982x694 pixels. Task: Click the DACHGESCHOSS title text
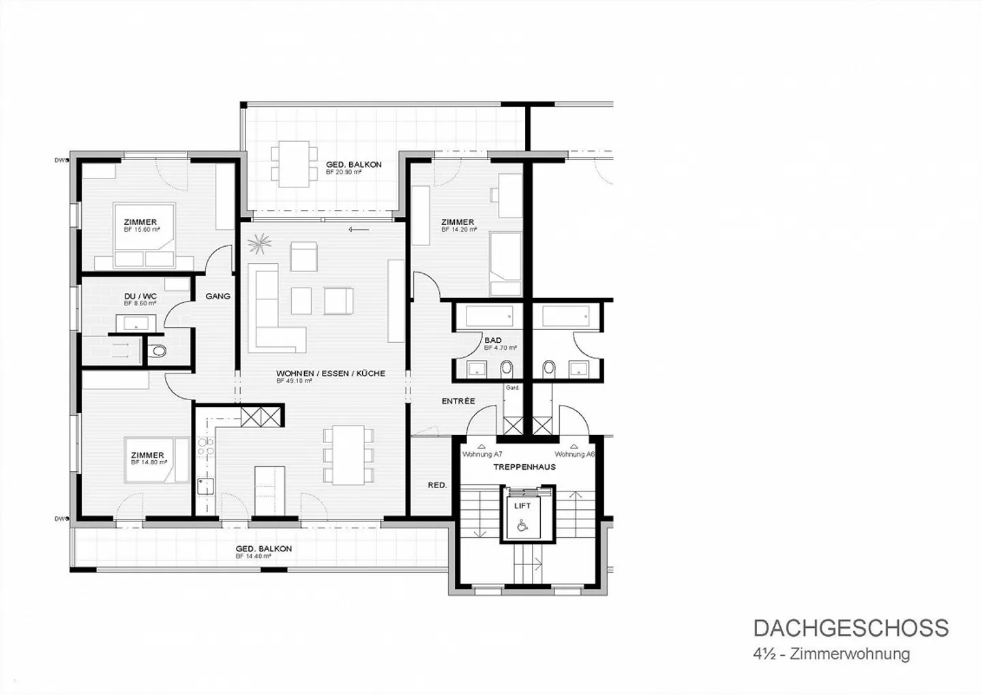[850, 628]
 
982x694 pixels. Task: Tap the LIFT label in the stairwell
[522, 505]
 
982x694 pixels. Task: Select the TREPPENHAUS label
[524, 467]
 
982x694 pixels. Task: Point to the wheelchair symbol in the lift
[522, 525]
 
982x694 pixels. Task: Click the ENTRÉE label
[458, 401]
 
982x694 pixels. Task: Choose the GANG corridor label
[218, 296]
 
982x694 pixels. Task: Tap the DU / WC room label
[140, 296]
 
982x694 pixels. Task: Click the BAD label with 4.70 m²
[493, 340]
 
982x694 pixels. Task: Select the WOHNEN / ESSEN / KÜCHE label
[331, 374]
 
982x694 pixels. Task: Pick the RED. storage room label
[437, 485]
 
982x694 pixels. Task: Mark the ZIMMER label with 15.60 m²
[140, 222]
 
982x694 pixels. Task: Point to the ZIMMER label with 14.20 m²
[458, 222]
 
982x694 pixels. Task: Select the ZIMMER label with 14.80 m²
[147, 455]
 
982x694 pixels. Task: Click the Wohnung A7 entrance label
[482, 454]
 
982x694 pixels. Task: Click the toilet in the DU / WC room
[158, 352]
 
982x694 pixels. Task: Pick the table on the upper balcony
[293, 164]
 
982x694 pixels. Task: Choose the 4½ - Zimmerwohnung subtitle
[831, 654]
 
